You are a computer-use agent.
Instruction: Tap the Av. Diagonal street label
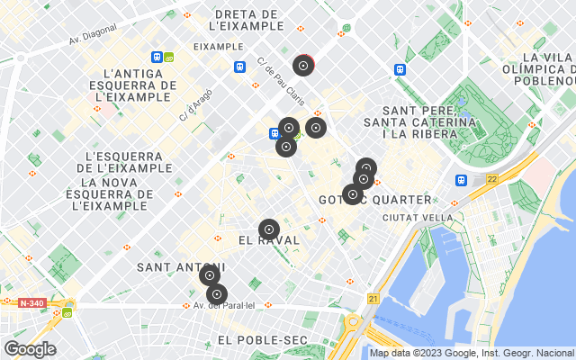(x=97, y=40)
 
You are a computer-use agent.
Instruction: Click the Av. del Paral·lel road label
(x=225, y=306)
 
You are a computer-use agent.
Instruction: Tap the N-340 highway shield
(x=31, y=303)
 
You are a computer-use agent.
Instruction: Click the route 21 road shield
(x=373, y=298)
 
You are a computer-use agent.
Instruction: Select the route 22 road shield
(x=491, y=179)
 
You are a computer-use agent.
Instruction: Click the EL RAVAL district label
(x=269, y=241)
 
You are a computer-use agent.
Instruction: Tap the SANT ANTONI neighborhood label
(x=180, y=267)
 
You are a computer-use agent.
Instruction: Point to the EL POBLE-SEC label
(x=262, y=339)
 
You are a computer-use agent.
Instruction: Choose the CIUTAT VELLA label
(x=418, y=218)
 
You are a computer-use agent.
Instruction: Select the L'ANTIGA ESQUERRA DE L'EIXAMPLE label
(x=138, y=85)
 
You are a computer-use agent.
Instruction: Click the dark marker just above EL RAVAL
(x=268, y=229)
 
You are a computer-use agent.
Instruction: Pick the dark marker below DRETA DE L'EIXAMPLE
(x=303, y=66)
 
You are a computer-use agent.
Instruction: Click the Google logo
(x=31, y=349)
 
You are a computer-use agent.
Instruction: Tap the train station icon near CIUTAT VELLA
(x=461, y=179)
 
